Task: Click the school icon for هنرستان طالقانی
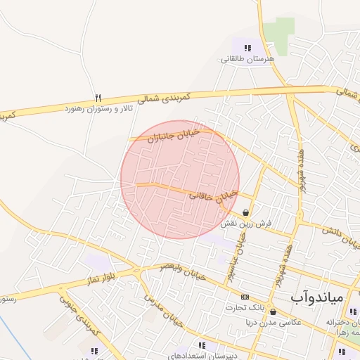(x=247, y=49)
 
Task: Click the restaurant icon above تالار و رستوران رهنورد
(x=98, y=98)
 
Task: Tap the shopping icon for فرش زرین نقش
(x=245, y=212)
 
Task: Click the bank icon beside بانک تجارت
(x=245, y=297)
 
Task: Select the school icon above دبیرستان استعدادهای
(x=202, y=345)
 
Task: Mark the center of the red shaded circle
(x=180, y=179)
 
